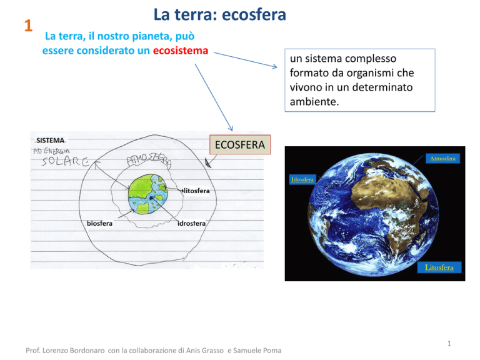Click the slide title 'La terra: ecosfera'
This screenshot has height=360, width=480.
coord(220,15)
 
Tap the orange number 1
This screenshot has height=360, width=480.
coord(29,26)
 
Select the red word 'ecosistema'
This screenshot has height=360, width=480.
coord(181,51)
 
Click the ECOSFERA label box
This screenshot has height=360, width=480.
coord(240,145)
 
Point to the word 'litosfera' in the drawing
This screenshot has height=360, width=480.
coord(196,191)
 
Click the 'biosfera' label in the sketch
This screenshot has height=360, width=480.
coord(99,224)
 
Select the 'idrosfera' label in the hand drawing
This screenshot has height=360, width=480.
coord(192,224)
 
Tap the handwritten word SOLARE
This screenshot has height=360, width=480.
coord(66,161)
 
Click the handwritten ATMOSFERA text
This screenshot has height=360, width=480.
coord(149,160)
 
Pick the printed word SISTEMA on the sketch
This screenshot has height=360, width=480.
coord(50,141)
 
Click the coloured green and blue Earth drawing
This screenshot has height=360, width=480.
coord(148,194)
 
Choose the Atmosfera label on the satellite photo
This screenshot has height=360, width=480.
coord(442,159)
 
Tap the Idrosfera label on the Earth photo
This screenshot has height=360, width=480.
coord(302,180)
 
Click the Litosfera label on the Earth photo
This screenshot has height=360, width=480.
coord(439,267)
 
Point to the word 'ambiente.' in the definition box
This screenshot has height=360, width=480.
coord(314,102)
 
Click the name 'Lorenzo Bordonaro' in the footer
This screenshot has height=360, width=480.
coord(74,351)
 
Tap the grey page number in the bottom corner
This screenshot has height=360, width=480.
coord(449,344)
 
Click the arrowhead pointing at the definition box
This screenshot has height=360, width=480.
coord(274,66)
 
